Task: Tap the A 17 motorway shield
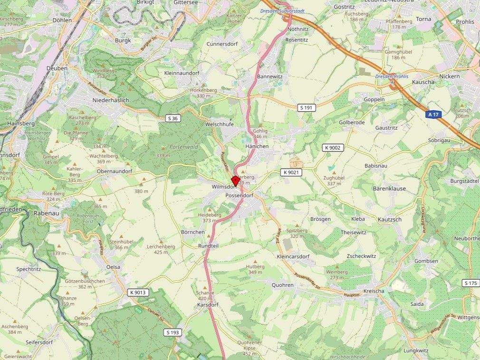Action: (x=432, y=114)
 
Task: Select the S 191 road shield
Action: (x=307, y=108)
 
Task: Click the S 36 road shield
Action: (x=173, y=118)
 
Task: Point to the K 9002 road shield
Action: (x=333, y=148)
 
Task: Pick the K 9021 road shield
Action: (x=290, y=172)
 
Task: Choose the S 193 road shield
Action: (x=173, y=332)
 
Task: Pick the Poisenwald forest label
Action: (x=170, y=147)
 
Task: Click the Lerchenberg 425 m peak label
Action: (x=161, y=249)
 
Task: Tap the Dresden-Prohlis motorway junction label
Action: (x=392, y=76)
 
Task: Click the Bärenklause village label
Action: (x=389, y=189)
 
